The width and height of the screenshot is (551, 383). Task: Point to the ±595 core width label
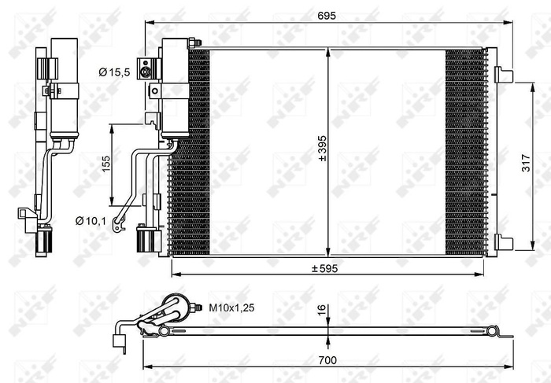pyautogui.click(x=324, y=269)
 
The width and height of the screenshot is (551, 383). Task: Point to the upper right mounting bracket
pyautogui.click(x=505, y=75)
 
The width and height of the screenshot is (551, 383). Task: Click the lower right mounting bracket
pyautogui.click(x=505, y=241)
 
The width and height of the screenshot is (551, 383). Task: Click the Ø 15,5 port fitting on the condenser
pyautogui.click(x=146, y=72)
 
